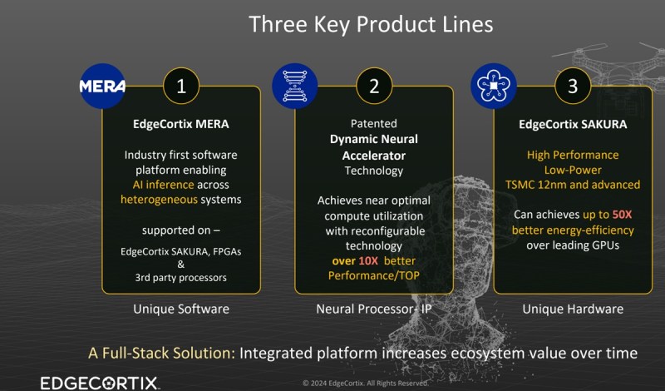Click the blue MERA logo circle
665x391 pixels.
click(x=102, y=87)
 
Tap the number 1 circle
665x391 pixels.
click(x=181, y=87)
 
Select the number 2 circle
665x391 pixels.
click(x=374, y=87)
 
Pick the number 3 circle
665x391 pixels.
click(x=573, y=87)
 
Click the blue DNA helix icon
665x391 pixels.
click(x=295, y=87)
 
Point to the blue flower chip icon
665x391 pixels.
click(x=494, y=87)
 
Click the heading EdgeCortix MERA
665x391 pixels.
click(x=181, y=124)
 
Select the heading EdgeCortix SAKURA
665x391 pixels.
click(x=573, y=124)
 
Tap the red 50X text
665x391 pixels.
click(x=622, y=215)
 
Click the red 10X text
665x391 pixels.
click(x=368, y=260)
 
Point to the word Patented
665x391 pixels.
click(x=373, y=124)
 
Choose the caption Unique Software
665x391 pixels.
click(x=181, y=309)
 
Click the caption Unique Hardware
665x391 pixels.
click(x=573, y=309)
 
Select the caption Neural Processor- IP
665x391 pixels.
click(x=374, y=309)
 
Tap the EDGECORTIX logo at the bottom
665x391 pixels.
click(x=100, y=384)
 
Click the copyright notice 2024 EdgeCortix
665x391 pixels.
click(x=365, y=383)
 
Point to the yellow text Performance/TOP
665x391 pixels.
click(x=373, y=275)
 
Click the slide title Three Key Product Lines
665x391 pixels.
click(x=371, y=24)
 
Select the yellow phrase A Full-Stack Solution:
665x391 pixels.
click(x=161, y=353)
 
